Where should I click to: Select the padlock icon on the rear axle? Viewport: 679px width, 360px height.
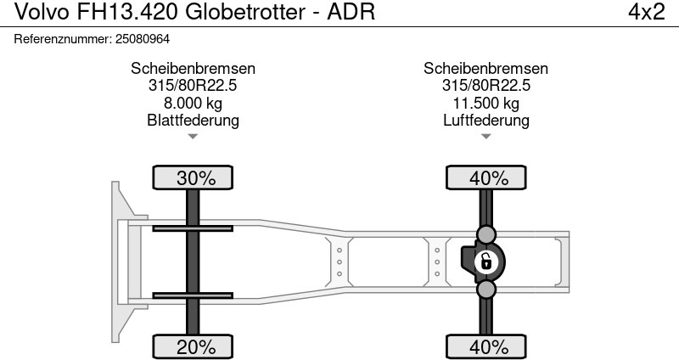click(x=486, y=262)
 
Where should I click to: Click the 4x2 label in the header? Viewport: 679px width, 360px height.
click(x=646, y=13)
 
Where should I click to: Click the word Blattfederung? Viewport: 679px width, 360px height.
click(x=193, y=121)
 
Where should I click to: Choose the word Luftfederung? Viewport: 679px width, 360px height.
click(x=486, y=121)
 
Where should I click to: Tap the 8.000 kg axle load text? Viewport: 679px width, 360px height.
click(x=193, y=104)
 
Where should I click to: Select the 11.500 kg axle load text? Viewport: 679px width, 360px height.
click(x=486, y=104)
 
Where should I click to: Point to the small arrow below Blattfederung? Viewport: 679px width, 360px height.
click(x=193, y=137)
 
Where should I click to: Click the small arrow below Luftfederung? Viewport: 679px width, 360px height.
click(x=486, y=137)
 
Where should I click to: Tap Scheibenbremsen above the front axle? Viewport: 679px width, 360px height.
click(x=193, y=69)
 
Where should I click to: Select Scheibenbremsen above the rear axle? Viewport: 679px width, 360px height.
click(x=486, y=69)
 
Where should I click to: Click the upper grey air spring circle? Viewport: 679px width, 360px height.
click(x=486, y=233)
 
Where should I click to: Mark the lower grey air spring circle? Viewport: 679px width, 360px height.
click(x=486, y=290)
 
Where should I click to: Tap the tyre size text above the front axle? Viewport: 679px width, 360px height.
click(x=193, y=86)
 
